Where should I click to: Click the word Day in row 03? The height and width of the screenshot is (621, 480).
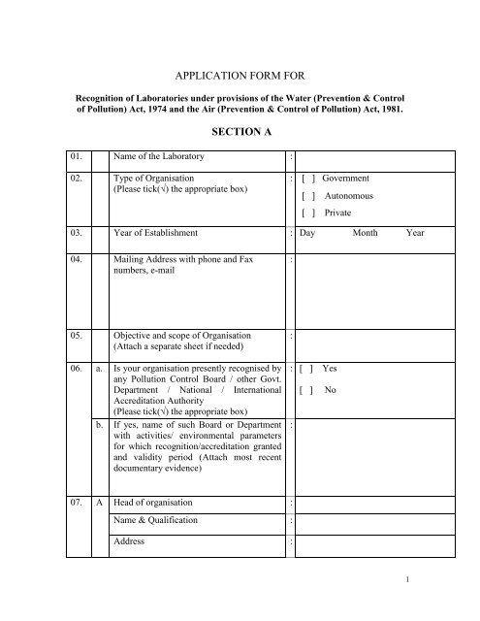pos(308,234)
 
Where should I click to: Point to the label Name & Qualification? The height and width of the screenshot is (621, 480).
pos(156,521)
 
